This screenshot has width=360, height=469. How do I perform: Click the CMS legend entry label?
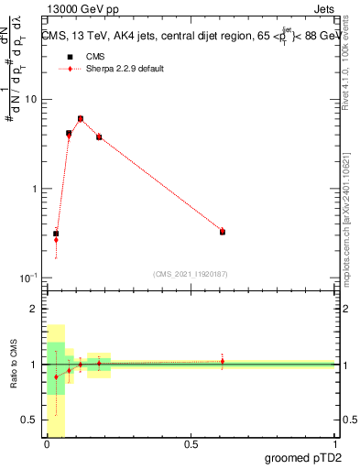pyautogui.click(x=95, y=57)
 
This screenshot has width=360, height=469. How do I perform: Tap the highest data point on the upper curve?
pyautogui.click(x=81, y=118)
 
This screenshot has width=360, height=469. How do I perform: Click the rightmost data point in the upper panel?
pyautogui.click(x=223, y=232)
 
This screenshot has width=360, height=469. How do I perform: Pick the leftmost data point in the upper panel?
pyautogui.click(x=56, y=234)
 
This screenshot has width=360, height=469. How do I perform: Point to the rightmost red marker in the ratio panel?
pyautogui.click(x=223, y=361)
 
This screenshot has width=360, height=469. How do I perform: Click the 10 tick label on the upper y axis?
pyautogui.click(x=30, y=99)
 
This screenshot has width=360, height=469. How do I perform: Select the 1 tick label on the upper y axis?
pyautogui.click(x=34, y=189)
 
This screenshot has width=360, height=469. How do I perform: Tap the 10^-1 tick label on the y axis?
pyautogui.click(x=28, y=278)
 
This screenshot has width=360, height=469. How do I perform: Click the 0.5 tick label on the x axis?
pyautogui.click(x=191, y=444)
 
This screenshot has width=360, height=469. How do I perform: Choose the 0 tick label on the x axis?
pyautogui.click(x=47, y=444)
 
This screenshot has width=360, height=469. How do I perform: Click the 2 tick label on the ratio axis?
pyautogui.click(x=34, y=310)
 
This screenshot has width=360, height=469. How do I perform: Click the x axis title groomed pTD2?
pyautogui.click(x=304, y=458)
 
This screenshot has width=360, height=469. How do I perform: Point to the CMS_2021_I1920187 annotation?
pyautogui.click(x=190, y=273)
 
